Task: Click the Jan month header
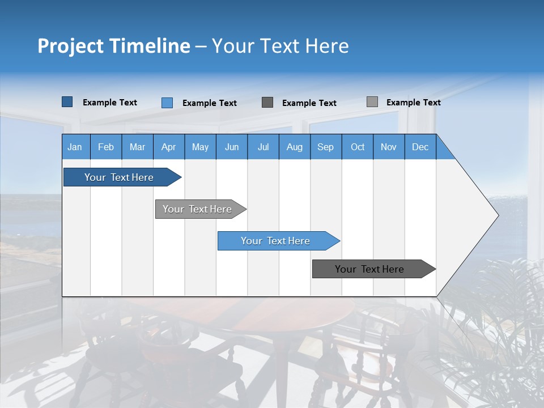pyautogui.click(x=75, y=147)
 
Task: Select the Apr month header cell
pyautogui.click(x=169, y=147)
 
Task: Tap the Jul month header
pyautogui.click(x=263, y=147)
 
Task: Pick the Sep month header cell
pyautogui.click(x=325, y=147)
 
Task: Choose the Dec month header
pyautogui.click(x=420, y=147)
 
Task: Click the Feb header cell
pyautogui.click(x=106, y=147)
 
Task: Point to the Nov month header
pyautogui.click(x=389, y=147)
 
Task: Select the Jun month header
pyautogui.click(x=232, y=147)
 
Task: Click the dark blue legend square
pyautogui.click(x=67, y=102)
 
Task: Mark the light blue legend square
pyautogui.click(x=167, y=103)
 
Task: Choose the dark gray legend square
pyautogui.click(x=267, y=102)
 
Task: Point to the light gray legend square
pyautogui.click(x=372, y=102)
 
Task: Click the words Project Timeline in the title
pyautogui.click(x=114, y=46)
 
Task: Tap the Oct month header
pyautogui.click(x=358, y=147)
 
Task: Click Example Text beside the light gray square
pyautogui.click(x=413, y=103)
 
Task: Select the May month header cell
pyautogui.click(x=200, y=147)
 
